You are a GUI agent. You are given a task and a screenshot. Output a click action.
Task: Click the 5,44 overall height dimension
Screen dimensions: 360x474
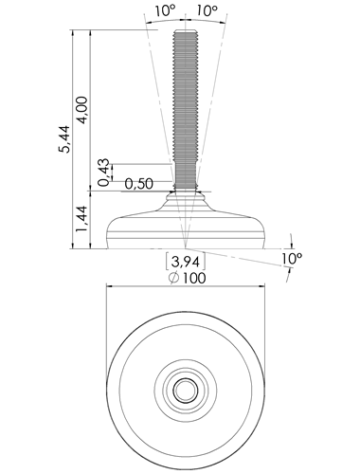(65, 139)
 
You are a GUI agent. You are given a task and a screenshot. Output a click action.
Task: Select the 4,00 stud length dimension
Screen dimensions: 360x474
(82, 110)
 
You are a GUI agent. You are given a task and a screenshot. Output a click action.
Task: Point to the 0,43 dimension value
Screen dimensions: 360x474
(104, 173)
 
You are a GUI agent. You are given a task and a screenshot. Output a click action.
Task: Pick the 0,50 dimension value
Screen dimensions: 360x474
(139, 184)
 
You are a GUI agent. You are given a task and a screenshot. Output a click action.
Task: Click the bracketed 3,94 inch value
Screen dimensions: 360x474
(186, 262)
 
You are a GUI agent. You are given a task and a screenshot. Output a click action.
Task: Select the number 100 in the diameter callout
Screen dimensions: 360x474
(194, 278)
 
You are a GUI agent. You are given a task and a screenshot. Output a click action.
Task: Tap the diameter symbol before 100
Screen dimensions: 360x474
(174, 278)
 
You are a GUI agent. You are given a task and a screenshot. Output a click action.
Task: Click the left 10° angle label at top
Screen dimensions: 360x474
(165, 11)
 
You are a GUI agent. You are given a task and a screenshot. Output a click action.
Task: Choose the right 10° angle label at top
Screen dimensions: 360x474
(207, 11)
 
